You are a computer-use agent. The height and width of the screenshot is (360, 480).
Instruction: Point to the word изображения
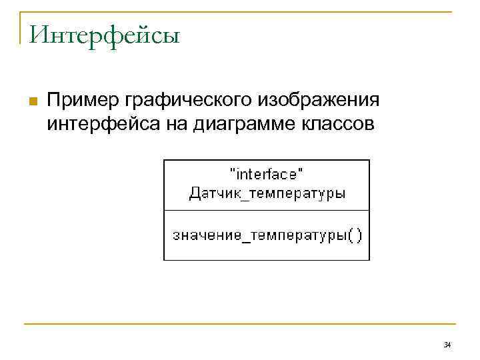tap(316, 102)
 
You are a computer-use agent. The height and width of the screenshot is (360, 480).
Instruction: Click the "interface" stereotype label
tap(266, 175)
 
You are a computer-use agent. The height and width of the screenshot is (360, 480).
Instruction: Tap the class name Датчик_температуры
tap(267, 194)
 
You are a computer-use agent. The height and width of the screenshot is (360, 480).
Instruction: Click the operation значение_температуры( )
tap(267, 235)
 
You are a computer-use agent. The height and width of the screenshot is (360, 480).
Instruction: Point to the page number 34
tap(447, 345)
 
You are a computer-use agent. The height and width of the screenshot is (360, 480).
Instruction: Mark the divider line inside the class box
tap(267, 211)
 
